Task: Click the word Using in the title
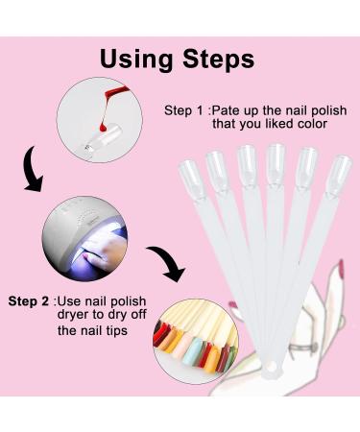136,60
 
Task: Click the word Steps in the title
218,59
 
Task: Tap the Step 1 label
183,110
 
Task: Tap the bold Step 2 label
29,301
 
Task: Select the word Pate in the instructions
226,110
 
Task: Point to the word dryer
72,315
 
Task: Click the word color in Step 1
312,124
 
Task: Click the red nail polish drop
103,128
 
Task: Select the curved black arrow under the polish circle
32,170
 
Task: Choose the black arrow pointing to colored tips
168,262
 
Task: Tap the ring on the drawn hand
302,348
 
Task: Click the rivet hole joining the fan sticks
272,366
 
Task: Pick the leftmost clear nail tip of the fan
191,180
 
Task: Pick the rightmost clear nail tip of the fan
339,176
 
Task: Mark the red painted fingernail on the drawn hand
341,268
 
